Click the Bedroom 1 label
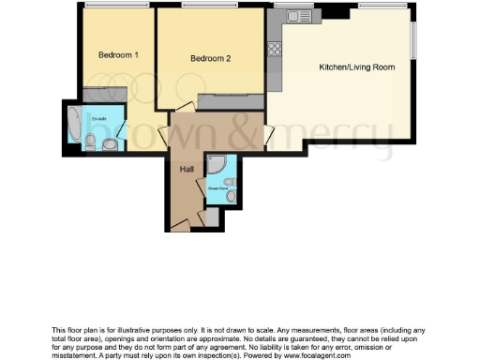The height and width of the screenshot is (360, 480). (119, 55)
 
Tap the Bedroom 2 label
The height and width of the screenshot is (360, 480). (210, 59)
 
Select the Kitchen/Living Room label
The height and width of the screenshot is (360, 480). (356, 67)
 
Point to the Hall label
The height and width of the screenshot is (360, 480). (187, 169)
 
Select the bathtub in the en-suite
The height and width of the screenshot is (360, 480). (74, 125)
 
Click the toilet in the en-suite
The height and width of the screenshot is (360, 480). (91, 142)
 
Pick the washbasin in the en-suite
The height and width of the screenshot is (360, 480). (111, 143)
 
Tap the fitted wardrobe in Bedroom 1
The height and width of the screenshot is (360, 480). (97, 95)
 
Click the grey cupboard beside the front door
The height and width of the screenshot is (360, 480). (213, 217)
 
